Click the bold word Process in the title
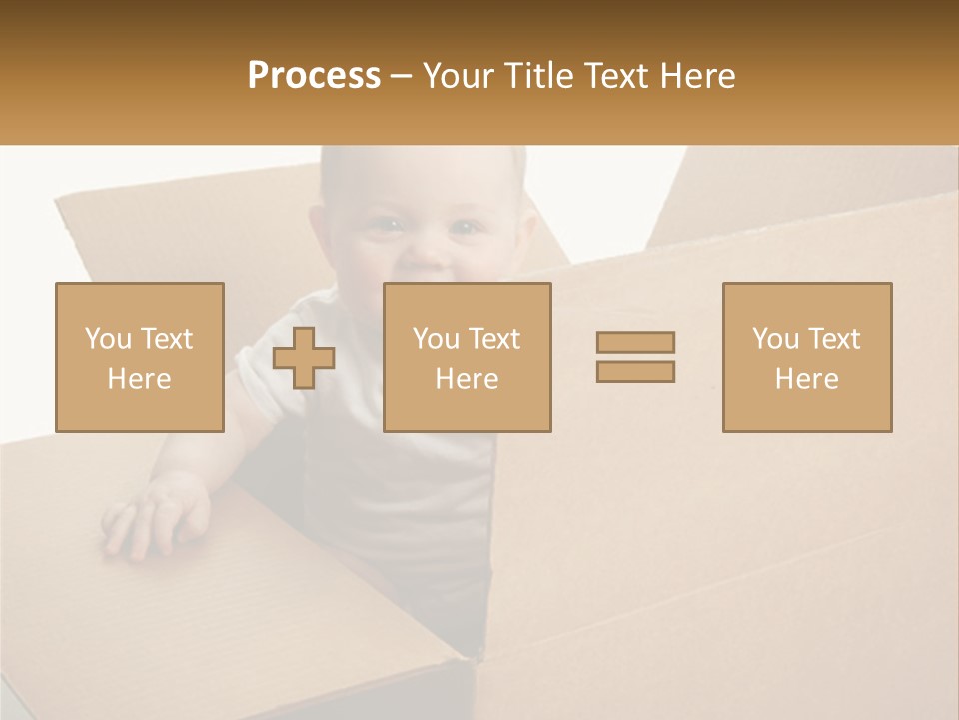tap(314, 76)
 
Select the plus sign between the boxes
tap(304, 358)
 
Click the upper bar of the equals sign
tap(635, 342)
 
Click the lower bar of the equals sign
tap(635, 371)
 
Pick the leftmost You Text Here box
tap(140, 357)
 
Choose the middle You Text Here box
tap(468, 357)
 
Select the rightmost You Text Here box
tap(807, 357)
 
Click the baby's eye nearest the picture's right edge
tap(463, 228)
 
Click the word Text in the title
tap(613, 76)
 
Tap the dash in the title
tap(401, 77)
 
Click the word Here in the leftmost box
tap(139, 379)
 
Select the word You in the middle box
tap(435, 339)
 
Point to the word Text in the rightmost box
tap(836, 339)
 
